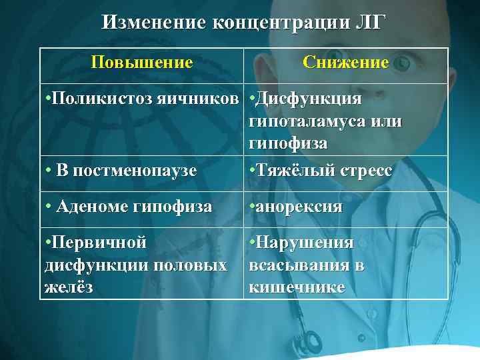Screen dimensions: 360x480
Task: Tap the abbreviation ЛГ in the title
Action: coord(369,23)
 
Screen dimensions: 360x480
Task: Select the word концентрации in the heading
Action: coord(279,23)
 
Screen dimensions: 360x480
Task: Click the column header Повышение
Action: coord(142,63)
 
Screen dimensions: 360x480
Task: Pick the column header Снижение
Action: coord(345,63)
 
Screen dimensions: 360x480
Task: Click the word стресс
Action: coord(363,170)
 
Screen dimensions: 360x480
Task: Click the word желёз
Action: coord(68,287)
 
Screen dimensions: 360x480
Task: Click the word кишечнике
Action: coord(297,287)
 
